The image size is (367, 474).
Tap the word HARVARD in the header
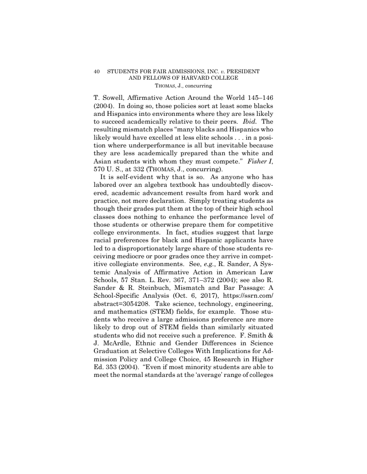(x=189, y=78)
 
